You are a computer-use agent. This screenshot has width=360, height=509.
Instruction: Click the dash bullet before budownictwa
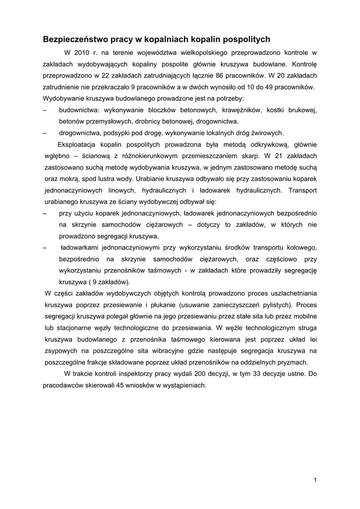pos(45,110)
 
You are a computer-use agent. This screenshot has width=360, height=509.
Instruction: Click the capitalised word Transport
pos(302,190)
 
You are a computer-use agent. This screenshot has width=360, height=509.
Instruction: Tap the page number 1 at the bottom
pos(315,480)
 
